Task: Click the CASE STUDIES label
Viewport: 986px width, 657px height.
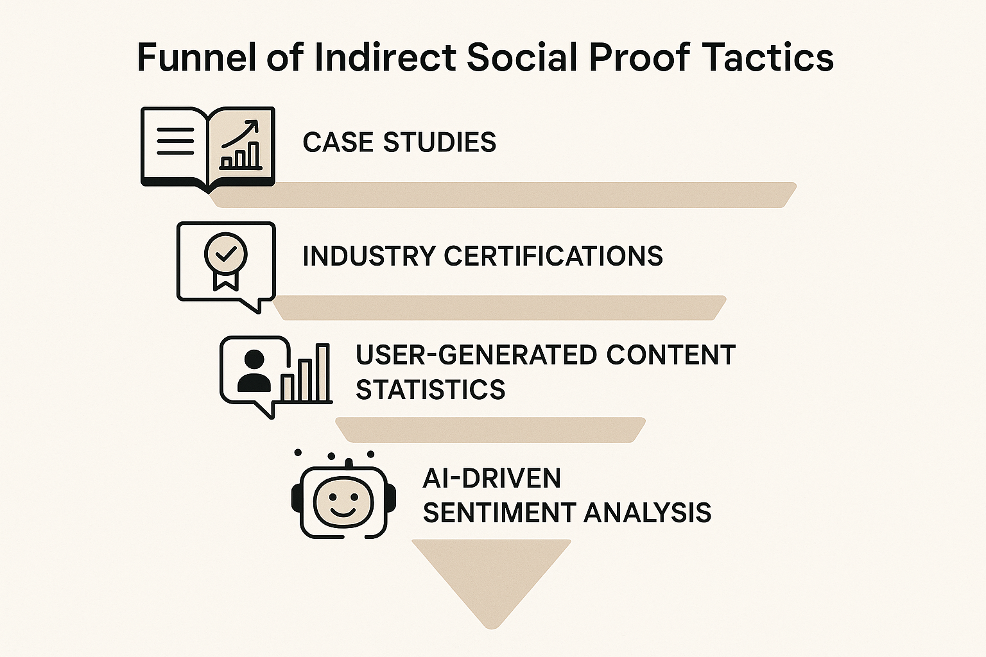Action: click(x=399, y=142)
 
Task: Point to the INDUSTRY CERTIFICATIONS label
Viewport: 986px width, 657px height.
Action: click(x=482, y=256)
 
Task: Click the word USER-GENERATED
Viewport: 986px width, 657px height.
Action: click(x=476, y=355)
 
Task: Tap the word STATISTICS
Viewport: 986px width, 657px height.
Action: click(x=430, y=389)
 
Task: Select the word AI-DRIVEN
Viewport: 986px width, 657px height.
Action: click(x=492, y=478)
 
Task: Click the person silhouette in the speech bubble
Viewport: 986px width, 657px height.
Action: click(x=254, y=371)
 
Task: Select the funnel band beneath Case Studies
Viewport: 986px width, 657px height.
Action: click(x=503, y=195)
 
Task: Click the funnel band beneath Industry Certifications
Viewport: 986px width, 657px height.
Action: click(x=499, y=308)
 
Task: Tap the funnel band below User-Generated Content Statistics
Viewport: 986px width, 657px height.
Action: click(x=490, y=429)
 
